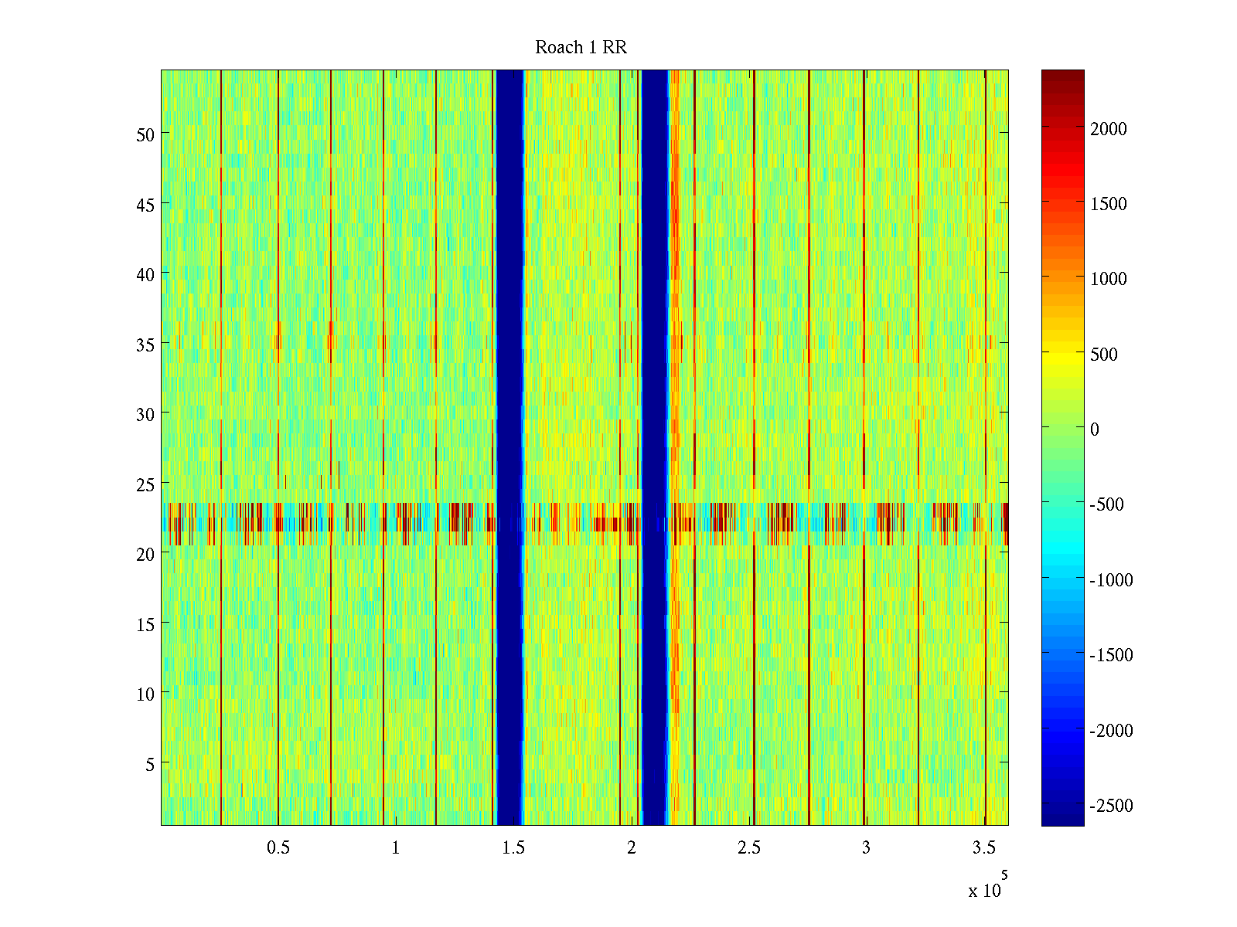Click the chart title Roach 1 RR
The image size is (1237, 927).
(x=581, y=48)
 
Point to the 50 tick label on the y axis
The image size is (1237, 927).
(x=145, y=134)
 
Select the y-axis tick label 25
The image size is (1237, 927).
(x=145, y=484)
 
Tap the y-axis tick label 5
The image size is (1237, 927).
(x=149, y=764)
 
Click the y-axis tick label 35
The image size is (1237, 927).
(x=145, y=345)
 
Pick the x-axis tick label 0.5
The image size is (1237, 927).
(x=278, y=848)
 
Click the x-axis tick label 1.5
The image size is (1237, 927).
(x=513, y=848)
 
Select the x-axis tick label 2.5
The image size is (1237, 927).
(x=748, y=848)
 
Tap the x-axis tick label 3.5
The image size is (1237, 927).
(x=983, y=848)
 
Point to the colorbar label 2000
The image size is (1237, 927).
(x=1109, y=129)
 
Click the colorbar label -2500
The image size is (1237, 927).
(x=1111, y=806)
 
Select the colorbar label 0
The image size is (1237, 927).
(x=1094, y=430)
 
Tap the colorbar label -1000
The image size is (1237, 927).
(x=1111, y=580)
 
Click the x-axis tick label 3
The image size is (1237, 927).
(x=866, y=848)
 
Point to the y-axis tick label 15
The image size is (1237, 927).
(x=145, y=624)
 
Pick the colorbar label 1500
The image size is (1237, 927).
(x=1109, y=204)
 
